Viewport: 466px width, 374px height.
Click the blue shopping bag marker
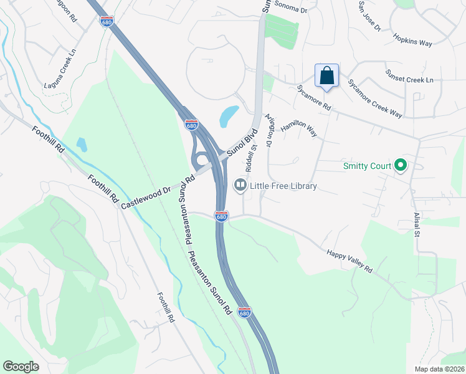[326, 77]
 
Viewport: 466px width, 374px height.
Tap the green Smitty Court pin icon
[401, 166]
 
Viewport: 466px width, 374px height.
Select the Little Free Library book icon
[240, 185]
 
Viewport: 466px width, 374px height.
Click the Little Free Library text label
[283, 186]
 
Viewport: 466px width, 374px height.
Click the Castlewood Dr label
[145, 195]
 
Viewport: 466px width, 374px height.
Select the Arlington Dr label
[269, 130]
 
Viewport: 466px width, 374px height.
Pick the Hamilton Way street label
[298, 130]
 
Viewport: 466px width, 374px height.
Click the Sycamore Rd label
[313, 98]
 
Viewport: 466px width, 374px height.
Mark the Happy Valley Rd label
[349, 261]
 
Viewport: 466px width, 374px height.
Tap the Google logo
[21, 366]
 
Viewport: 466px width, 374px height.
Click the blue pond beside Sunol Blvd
[229, 115]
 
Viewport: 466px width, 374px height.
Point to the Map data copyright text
[440, 369]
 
